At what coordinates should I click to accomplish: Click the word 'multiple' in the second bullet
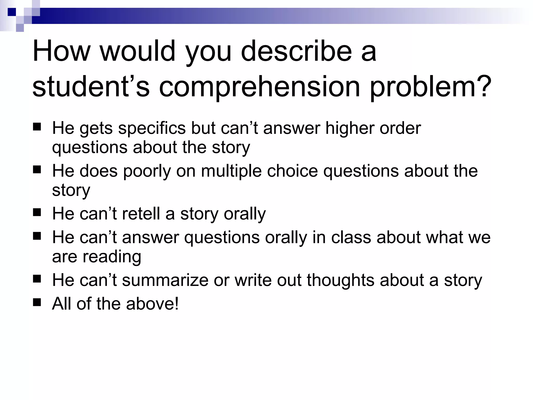(231, 171)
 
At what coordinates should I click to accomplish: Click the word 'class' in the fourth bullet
(351, 238)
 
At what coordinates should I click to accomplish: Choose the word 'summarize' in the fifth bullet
(165, 280)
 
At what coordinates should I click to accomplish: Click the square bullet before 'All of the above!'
(37, 303)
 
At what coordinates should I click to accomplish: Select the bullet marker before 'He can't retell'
(37, 213)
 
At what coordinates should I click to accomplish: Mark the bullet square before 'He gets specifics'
(37, 127)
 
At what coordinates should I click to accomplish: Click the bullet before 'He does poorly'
(37, 170)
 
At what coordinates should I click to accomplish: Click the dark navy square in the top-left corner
(12, 12)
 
